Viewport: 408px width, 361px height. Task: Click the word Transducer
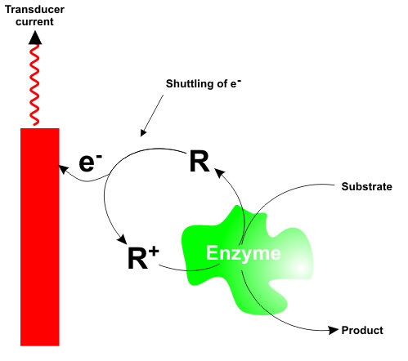pos(34,10)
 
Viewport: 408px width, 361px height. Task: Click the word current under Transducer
pos(34,21)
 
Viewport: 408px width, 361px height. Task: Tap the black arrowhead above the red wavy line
pos(35,38)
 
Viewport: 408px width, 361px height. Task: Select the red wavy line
pos(34,85)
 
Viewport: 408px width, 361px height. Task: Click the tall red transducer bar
pos(40,237)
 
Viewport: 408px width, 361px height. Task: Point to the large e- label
pos(90,163)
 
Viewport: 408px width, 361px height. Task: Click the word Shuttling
pos(190,84)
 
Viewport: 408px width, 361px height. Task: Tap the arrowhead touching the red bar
pos(63,169)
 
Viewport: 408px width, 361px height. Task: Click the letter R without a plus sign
pos(200,161)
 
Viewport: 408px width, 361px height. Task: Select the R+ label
pos(143,257)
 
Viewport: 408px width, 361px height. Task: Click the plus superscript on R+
pos(154,252)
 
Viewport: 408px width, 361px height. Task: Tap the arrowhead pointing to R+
pos(122,238)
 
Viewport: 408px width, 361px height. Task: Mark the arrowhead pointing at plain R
pos(220,172)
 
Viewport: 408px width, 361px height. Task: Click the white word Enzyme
pos(244,253)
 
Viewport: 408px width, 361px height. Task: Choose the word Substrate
pos(367,186)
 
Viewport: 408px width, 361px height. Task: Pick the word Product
pos(362,330)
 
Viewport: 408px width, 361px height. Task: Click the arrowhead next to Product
pos(334,330)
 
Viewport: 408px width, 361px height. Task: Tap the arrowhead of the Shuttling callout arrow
pos(143,132)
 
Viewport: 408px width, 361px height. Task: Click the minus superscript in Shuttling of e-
pos(239,80)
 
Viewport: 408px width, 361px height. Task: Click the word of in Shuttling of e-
pos(222,83)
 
